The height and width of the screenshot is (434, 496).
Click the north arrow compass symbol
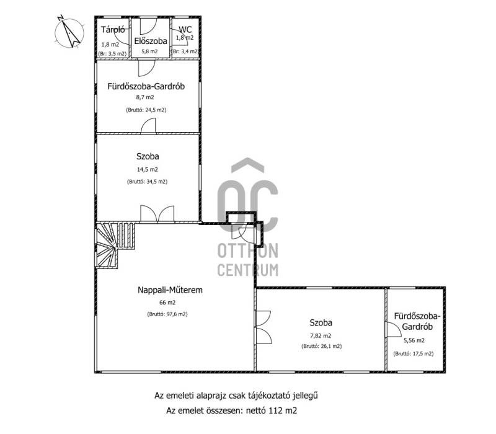tap(69, 33)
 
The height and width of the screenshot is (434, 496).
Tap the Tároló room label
tap(113, 30)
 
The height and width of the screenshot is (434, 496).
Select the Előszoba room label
tap(151, 41)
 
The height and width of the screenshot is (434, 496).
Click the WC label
tap(185, 29)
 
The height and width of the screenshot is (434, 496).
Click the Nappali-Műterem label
tap(170, 290)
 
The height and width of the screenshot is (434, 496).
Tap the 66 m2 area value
tap(167, 303)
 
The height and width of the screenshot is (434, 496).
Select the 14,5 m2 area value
tap(148, 169)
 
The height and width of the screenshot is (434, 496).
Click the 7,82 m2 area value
tap(321, 336)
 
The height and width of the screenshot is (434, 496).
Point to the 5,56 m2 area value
tap(414, 340)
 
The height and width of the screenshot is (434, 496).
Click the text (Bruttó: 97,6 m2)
tap(167, 314)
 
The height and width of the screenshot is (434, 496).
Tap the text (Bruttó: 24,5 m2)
tap(146, 110)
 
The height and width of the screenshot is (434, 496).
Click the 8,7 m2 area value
tap(145, 97)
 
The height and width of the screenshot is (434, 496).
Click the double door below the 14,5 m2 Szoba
tap(157, 213)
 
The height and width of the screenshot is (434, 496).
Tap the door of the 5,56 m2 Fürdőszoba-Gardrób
tap(394, 330)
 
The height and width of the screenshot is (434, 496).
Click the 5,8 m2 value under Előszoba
tap(149, 51)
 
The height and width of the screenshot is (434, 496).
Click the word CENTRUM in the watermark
tap(248, 270)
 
